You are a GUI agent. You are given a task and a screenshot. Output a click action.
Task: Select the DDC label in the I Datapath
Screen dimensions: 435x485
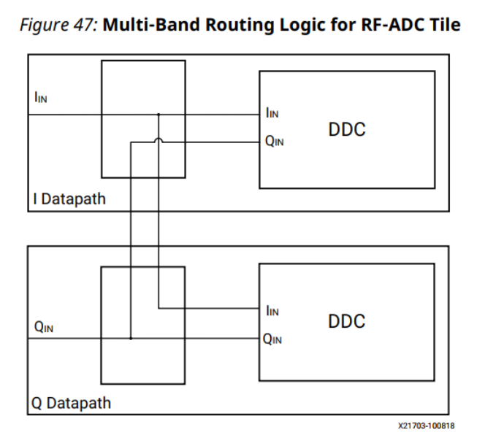coord(347,130)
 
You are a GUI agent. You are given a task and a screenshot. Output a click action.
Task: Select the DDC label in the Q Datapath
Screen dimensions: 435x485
coord(347,322)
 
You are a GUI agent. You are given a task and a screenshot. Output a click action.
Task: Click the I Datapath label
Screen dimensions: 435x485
coord(69,199)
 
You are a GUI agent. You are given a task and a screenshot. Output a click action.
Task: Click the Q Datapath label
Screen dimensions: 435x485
coord(72,402)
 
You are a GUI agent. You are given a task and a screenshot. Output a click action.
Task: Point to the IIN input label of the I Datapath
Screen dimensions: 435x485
coord(41,98)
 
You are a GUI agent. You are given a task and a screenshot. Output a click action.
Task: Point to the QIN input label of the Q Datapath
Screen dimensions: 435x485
coord(44,327)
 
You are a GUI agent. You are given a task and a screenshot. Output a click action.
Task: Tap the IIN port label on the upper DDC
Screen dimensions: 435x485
coord(272,113)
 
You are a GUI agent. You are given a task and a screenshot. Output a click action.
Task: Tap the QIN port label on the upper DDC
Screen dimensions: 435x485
coord(275,142)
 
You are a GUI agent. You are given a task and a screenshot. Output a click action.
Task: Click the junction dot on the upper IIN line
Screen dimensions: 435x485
coord(159,114)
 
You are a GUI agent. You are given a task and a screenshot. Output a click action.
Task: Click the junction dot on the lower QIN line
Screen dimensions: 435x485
coord(131,339)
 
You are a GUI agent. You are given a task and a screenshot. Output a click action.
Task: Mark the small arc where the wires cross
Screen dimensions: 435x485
coord(159,141)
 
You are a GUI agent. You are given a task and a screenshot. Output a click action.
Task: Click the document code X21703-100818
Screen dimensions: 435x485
coord(426,425)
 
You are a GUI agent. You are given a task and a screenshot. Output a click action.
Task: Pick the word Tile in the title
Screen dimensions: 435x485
coord(446,25)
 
